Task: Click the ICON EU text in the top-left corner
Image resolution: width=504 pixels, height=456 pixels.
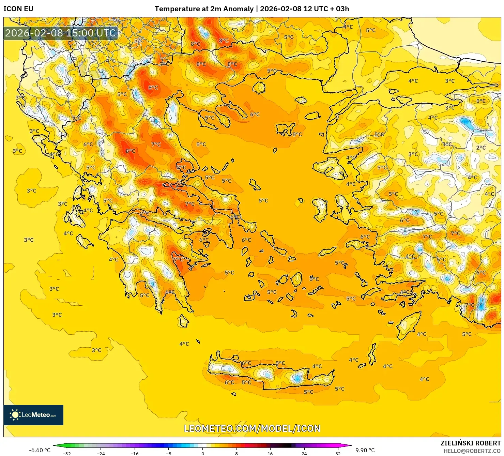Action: pyautogui.click(x=18, y=9)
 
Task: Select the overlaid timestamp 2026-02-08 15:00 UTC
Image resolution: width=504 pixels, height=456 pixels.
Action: pyautogui.click(x=61, y=33)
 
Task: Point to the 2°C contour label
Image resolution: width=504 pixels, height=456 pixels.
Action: pyautogui.click(x=481, y=148)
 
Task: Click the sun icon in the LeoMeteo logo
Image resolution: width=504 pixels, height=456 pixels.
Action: pyautogui.click(x=15, y=415)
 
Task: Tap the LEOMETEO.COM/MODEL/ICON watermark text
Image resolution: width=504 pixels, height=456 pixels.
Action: pyautogui.click(x=252, y=428)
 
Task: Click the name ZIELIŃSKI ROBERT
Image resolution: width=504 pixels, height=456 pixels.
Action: pyautogui.click(x=470, y=443)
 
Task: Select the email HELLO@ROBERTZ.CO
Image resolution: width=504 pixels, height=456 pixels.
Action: pyautogui.click(x=472, y=451)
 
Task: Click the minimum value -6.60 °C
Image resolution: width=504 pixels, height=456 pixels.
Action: pyautogui.click(x=40, y=450)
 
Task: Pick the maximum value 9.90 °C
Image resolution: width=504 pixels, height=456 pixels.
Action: pyautogui.click(x=365, y=450)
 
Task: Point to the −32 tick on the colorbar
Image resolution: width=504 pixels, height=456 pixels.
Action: pyautogui.click(x=67, y=453)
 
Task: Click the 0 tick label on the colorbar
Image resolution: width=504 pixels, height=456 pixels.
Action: pyautogui.click(x=202, y=453)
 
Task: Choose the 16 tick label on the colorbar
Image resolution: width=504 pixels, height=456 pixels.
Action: pyautogui.click(x=270, y=453)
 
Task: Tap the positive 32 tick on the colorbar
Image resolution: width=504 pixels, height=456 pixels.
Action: pyautogui.click(x=338, y=453)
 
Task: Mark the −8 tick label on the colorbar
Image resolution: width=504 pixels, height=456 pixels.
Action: pyautogui.click(x=168, y=453)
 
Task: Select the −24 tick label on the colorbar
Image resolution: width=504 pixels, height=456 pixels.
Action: pyautogui.click(x=101, y=453)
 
